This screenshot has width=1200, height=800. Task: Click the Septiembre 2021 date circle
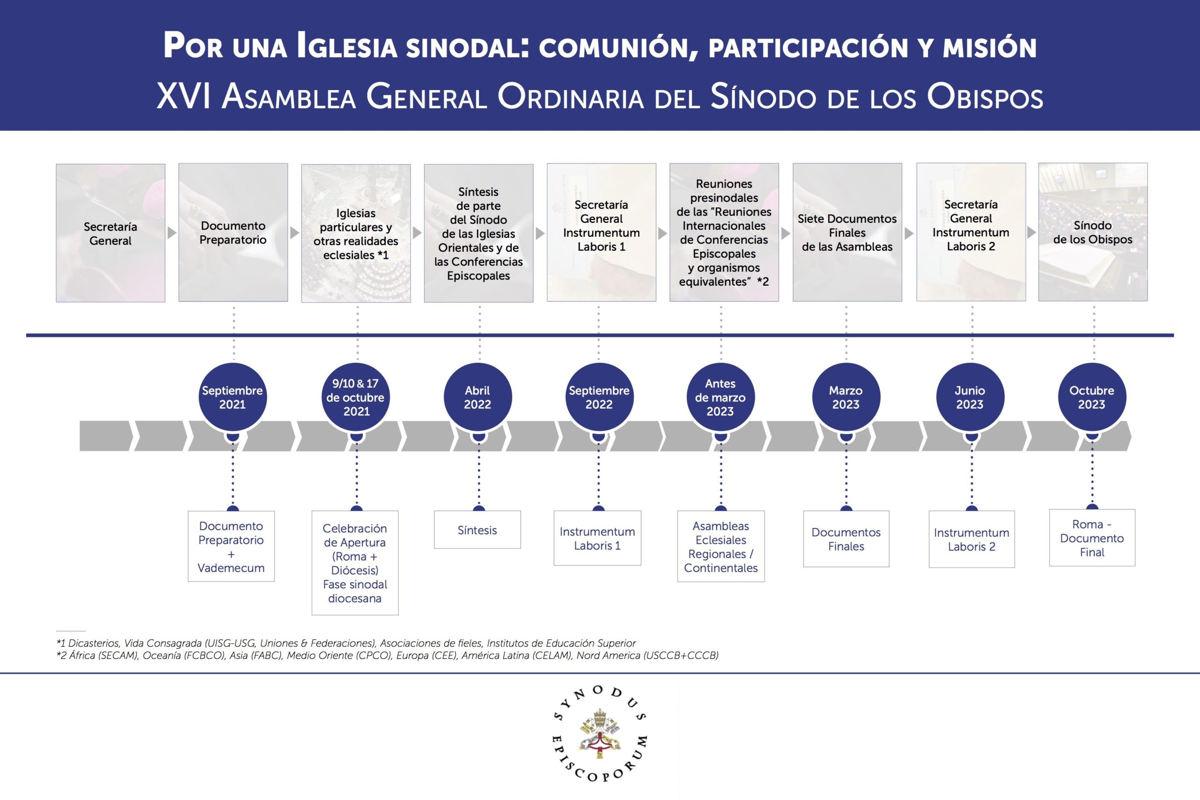tap(232, 397)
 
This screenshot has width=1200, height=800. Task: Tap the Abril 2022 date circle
tap(477, 397)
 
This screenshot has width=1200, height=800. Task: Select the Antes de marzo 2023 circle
tap(720, 397)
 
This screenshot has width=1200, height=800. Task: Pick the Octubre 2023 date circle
tap(1091, 397)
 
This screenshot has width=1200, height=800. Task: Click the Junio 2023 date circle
tap(969, 397)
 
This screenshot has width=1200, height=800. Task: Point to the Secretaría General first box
tap(110, 233)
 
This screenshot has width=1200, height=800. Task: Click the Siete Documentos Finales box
tap(847, 233)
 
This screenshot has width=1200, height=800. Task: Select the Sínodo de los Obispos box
tap(1093, 232)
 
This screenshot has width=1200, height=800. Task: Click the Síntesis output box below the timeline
tap(477, 530)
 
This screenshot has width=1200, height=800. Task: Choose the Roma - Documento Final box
tap(1092, 538)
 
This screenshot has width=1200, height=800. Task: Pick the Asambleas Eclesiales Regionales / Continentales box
tap(720, 546)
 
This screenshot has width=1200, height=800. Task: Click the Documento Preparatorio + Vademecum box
tap(231, 546)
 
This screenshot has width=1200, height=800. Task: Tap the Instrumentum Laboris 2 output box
tap(972, 539)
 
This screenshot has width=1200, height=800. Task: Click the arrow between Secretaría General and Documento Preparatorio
tap(172, 233)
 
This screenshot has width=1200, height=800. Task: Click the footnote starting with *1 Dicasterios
tap(346, 643)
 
